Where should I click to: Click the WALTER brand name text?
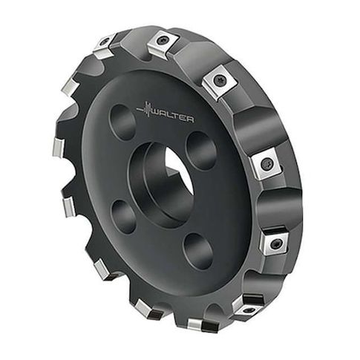click(172, 117)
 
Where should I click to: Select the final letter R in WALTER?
click(190, 120)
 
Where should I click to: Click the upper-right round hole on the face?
click(201, 151)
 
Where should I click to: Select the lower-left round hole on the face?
click(123, 217)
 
